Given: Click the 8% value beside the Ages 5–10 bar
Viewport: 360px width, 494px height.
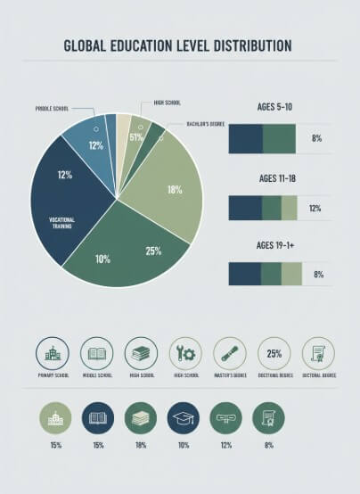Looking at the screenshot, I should (315, 139).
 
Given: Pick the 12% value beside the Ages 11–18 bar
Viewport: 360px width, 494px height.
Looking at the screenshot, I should (315, 209).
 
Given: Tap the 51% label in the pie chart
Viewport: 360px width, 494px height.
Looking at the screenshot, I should (136, 137).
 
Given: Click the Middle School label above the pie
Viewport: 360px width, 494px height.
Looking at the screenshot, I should (53, 108).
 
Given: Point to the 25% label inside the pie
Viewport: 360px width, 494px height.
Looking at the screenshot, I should (153, 251).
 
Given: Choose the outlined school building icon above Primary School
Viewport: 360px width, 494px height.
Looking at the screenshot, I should (52, 353).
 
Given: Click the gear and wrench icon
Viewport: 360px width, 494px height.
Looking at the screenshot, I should (185, 353).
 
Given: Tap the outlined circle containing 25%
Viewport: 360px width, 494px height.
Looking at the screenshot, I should (274, 353).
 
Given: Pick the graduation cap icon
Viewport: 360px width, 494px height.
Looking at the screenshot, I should (183, 417).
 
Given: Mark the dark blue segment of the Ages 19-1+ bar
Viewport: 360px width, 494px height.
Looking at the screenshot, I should (245, 274).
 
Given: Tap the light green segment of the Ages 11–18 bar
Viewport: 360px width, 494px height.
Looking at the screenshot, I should (290, 207).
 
